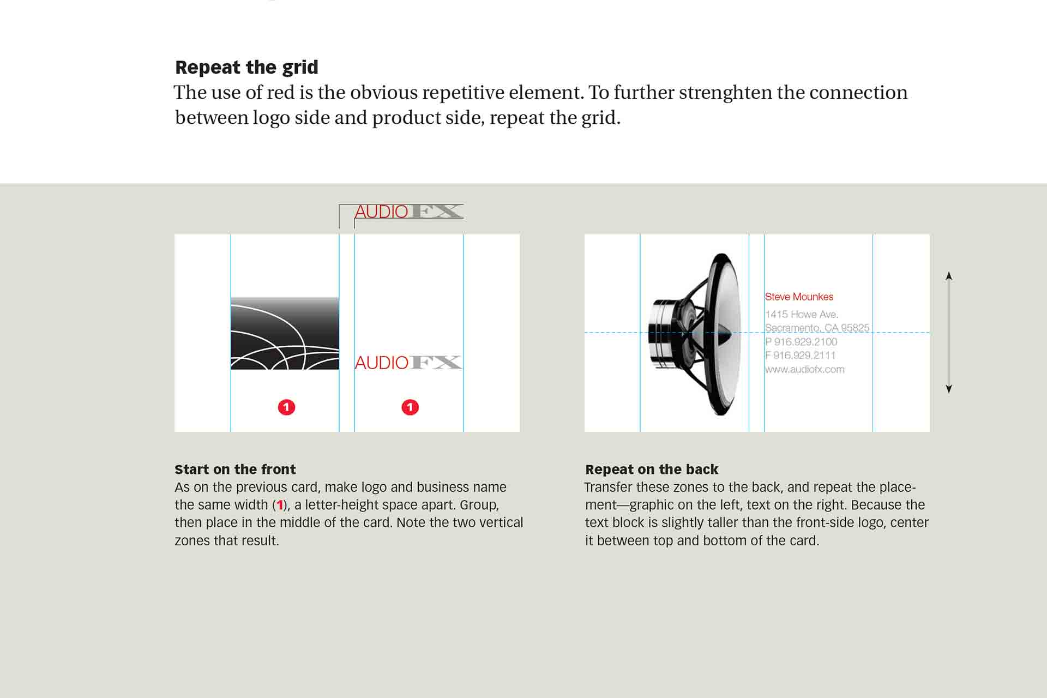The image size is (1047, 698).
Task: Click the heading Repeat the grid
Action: pos(246,67)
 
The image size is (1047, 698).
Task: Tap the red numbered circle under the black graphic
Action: pos(286,407)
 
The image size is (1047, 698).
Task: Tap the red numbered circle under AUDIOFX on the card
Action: pos(410,407)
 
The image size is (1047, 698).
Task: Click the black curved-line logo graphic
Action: pos(285,333)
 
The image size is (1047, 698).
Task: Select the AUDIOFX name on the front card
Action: pos(408,363)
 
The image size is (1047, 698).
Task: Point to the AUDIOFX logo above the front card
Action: pos(408,212)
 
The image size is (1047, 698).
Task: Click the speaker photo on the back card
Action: pos(695,334)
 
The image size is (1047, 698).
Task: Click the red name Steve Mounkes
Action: pos(799,297)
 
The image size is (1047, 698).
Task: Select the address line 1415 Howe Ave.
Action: pos(801,314)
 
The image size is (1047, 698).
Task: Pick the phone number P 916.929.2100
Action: pos(801,342)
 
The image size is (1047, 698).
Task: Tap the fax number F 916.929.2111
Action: pos(800,356)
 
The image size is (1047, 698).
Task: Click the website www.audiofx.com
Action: pos(804,369)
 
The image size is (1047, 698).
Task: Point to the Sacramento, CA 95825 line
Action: pos(817,328)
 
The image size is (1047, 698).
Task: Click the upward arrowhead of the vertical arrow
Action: pos(949,275)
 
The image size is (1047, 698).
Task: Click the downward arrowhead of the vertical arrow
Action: pos(949,389)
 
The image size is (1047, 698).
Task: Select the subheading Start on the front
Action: pos(235,470)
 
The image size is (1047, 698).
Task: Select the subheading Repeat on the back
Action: pos(652,470)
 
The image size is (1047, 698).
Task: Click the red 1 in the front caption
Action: pos(280,505)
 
